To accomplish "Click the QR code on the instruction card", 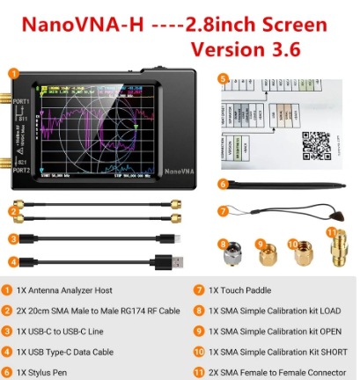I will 316,144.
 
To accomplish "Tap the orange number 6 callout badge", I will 223,184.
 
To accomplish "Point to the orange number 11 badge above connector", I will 331,233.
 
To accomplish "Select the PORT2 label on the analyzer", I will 22,170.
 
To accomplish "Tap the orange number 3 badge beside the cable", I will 14,237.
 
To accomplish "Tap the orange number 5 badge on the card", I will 223,79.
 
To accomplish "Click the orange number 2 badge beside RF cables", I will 14,212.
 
